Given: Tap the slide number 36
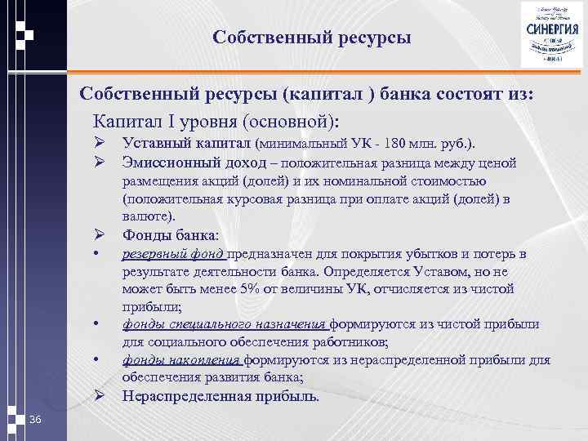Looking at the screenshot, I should pos(34,419).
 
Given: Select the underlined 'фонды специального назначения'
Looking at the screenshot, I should pos(223,324).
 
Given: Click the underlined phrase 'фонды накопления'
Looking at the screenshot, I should pos(181,359).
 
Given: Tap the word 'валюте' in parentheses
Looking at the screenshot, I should pos(145,216).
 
